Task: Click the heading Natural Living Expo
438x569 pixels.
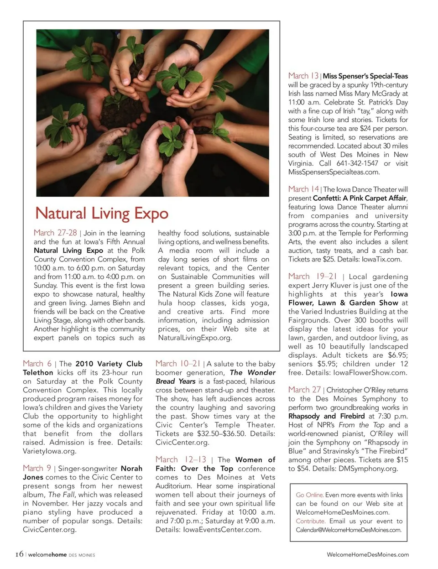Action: (x=102, y=214)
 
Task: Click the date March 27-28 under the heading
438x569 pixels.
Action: (x=55, y=233)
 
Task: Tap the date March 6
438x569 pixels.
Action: (x=37, y=364)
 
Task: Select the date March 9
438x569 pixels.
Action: (x=37, y=468)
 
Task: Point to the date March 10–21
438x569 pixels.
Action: (x=177, y=364)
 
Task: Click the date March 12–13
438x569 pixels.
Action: (x=181, y=459)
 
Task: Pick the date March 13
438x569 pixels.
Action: (x=303, y=76)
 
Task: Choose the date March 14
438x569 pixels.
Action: (x=303, y=189)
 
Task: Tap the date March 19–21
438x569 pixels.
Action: (x=313, y=276)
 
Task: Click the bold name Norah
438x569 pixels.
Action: (x=131, y=469)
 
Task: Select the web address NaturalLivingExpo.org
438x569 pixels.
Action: (x=195, y=338)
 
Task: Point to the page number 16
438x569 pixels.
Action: (x=19, y=554)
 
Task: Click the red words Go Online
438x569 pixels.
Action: (x=310, y=495)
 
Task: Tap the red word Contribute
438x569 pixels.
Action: (x=311, y=521)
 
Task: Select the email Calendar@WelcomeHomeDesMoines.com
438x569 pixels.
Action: (x=349, y=530)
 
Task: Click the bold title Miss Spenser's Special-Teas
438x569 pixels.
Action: (x=365, y=76)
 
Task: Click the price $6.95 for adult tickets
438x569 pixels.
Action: (x=397, y=355)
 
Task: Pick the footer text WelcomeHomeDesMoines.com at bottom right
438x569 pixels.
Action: (x=368, y=554)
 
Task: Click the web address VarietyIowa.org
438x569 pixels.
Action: (x=50, y=451)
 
